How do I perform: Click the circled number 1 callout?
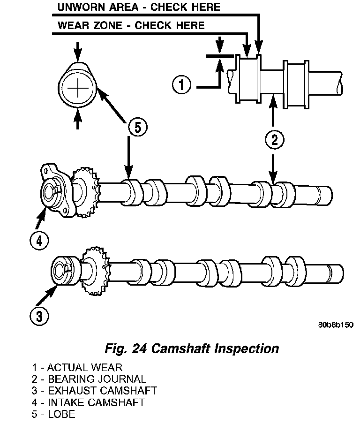(181, 84)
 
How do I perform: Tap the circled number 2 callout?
(274, 140)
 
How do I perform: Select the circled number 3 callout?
(39, 316)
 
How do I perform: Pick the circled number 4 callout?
(39, 241)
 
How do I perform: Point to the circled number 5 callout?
(137, 127)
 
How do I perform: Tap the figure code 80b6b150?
(336, 325)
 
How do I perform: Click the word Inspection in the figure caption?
(247, 349)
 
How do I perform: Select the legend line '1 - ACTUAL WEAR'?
(77, 368)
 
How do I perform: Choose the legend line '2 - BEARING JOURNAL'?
(89, 379)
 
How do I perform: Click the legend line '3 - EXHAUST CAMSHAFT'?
(94, 391)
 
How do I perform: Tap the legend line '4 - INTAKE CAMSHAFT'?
(88, 402)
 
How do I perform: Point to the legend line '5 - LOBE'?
(53, 414)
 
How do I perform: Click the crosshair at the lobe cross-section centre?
(78, 88)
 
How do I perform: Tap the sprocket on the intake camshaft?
(85, 192)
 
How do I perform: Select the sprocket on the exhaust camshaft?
(96, 271)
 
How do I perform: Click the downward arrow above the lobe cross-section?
(78, 52)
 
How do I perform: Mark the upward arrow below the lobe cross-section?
(78, 119)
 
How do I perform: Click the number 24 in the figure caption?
(139, 348)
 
